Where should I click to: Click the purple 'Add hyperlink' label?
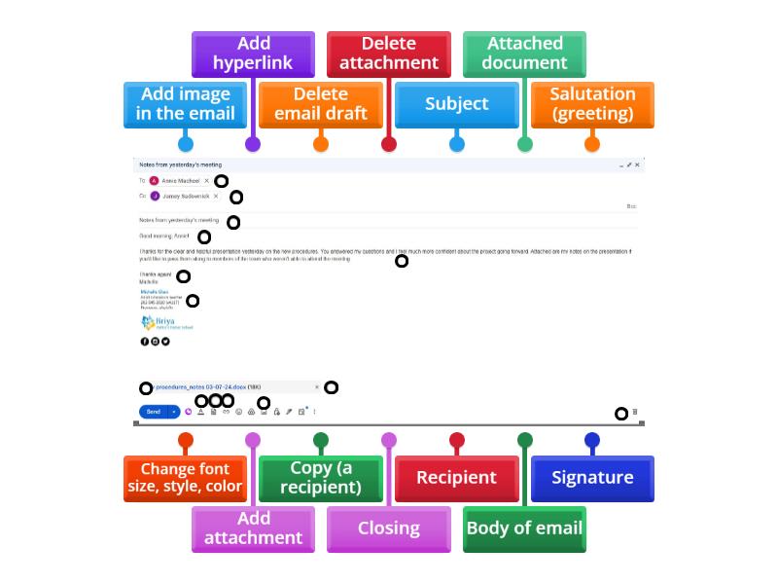[253, 54]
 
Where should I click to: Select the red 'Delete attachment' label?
[388, 54]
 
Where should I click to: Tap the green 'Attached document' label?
[524, 54]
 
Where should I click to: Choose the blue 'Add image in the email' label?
[185, 104]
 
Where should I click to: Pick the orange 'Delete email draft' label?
[320, 104]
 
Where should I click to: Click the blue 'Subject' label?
[456, 104]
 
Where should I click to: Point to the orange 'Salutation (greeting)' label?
[592, 104]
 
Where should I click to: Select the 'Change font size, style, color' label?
[185, 478]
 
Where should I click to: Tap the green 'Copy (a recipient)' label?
[320, 478]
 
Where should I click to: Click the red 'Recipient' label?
[456, 478]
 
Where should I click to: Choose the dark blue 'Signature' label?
[592, 478]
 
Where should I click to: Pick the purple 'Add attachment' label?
[253, 529]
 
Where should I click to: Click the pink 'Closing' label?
[388, 529]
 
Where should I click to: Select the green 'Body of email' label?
[524, 529]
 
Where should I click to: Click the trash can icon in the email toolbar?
[635, 413]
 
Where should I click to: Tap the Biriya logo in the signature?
[159, 323]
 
